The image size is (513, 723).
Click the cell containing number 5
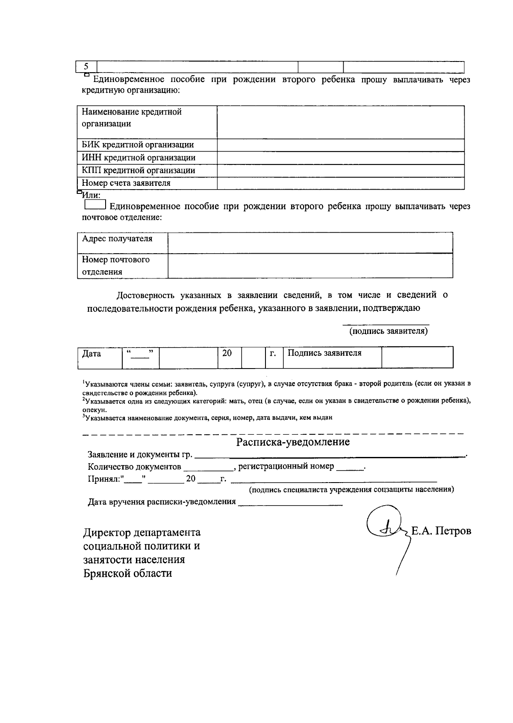(86, 67)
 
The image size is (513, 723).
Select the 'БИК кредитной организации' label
(138, 145)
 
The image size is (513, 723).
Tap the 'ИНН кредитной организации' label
(139, 158)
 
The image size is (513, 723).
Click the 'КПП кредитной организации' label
(138, 170)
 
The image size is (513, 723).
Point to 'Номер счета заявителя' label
(126, 183)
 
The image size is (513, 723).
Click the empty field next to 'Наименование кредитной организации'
(340, 122)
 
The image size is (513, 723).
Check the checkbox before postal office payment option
(95, 206)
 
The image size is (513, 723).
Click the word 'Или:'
(91, 195)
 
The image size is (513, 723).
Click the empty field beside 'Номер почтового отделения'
(310, 266)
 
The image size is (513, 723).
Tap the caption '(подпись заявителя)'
(388, 331)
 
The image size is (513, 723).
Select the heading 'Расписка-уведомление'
(293, 442)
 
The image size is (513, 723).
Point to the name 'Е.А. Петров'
(441, 531)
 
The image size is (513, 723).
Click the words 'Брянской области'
(127, 573)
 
